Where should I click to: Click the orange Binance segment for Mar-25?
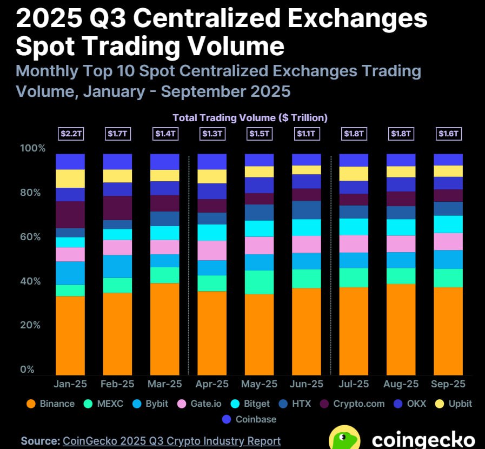(164, 328)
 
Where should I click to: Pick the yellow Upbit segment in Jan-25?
(70, 179)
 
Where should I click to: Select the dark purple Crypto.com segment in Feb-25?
(117, 208)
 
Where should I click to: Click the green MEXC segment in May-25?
(259, 282)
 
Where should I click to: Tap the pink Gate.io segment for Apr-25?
(212, 250)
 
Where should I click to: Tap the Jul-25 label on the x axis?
(354, 384)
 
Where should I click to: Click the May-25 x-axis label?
(259, 384)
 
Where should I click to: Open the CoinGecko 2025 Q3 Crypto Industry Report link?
(172, 441)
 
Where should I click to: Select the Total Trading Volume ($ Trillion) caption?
(250, 117)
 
